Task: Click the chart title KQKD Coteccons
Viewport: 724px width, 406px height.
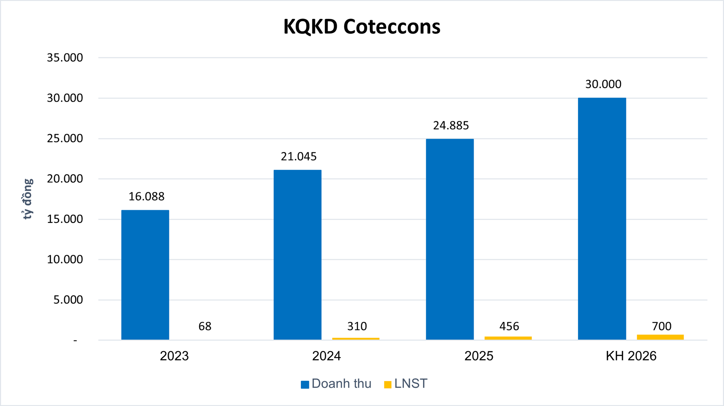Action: click(x=362, y=27)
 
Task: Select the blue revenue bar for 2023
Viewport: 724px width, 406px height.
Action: click(x=145, y=275)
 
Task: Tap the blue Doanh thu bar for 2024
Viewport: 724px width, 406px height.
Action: click(x=298, y=255)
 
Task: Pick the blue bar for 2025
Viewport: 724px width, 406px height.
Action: click(x=450, y=240)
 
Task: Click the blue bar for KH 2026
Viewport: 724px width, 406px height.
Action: click(x=602, y=219)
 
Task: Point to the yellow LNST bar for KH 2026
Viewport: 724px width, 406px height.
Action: click(x=660, y=337)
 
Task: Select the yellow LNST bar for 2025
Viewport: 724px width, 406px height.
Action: click(x=508, y=338)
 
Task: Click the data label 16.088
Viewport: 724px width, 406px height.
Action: click(x=146, y=197)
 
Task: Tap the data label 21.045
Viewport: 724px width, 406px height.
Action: click(x=299, y=157)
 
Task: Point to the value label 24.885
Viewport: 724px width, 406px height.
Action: click(x=451, y=125)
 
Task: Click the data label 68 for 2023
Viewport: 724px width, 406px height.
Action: click(x=205, y=326)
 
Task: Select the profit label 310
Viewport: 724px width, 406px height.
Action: click(x=357, y=326)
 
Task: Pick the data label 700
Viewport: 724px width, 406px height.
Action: click(x=661, y=326)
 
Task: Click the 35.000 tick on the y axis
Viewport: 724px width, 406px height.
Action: click(x=65, y=58)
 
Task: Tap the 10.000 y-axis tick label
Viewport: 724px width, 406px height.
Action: click(x=65, y=259)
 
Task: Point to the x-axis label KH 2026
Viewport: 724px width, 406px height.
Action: click(x=631, y=356)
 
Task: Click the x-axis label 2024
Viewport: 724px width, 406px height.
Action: click(x=326, y=356)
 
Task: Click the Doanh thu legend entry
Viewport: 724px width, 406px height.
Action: click(x=336, y=384)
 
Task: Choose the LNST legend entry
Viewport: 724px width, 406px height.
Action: click(x=406, y=384)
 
